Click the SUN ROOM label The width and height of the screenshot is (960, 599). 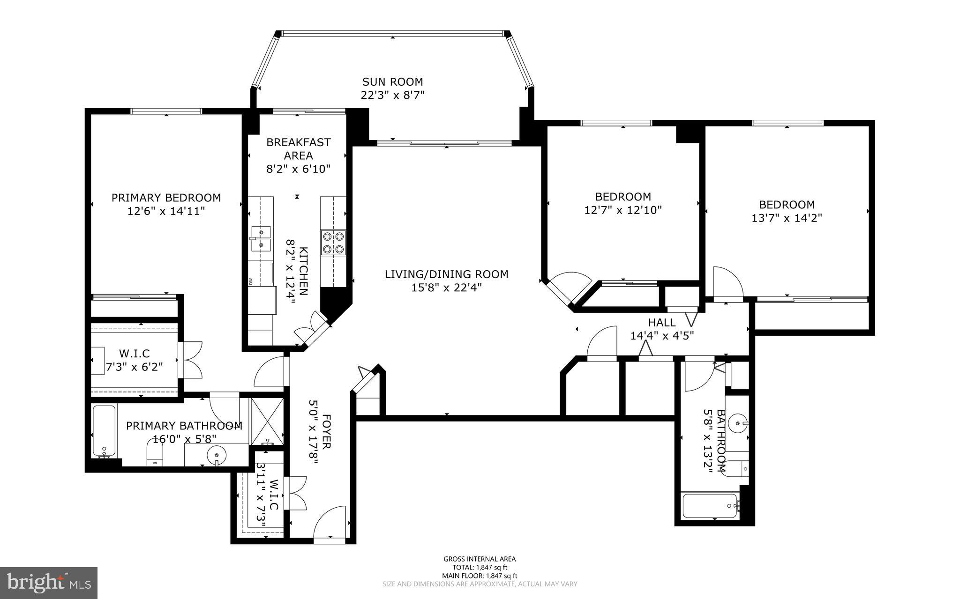[392, 82]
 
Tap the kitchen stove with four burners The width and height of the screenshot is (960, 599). [333, 243]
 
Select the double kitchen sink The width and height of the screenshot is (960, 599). [261, 238]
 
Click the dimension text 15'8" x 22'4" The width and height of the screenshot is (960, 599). [446, 287]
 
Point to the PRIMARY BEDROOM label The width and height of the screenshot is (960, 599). [166, 198]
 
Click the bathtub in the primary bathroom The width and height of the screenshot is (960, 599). [104, 431]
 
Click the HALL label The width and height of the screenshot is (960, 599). [662, 322]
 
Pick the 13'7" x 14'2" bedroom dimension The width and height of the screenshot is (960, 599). [787, 218]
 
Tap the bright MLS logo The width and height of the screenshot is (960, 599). [49, 583]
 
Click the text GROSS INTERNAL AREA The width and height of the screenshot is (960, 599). [480, 559]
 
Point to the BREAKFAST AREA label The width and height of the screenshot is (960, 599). [299, 148]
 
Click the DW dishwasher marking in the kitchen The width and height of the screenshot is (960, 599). [251, 281]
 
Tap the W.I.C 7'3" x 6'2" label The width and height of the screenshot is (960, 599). [134, 360]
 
